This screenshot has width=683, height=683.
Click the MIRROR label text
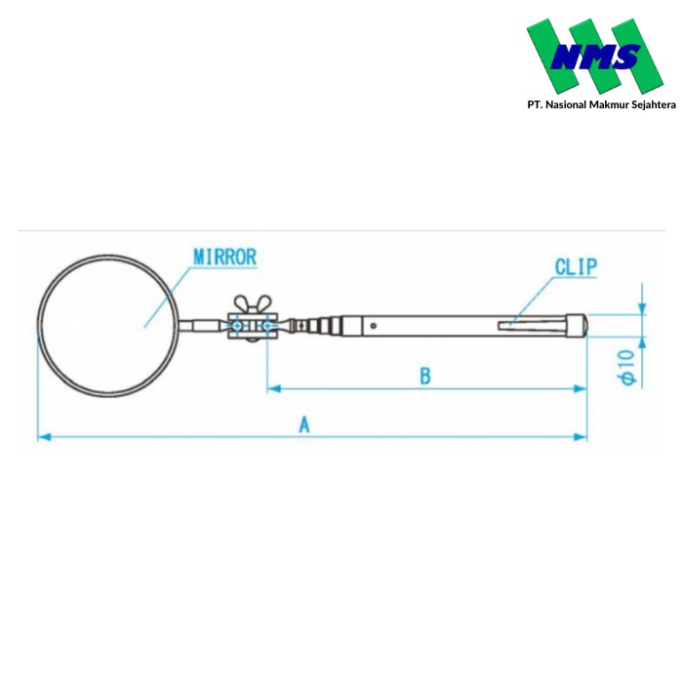(x=224, y=258)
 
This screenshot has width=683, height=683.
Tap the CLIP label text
(x=576, y=265)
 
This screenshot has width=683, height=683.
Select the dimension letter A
(x=304, y=424)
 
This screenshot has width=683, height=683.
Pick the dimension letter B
(x=424, y=376)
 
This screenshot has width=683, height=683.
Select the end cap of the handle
(x=579, y=322)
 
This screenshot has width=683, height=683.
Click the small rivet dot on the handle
(x=374, y=326)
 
